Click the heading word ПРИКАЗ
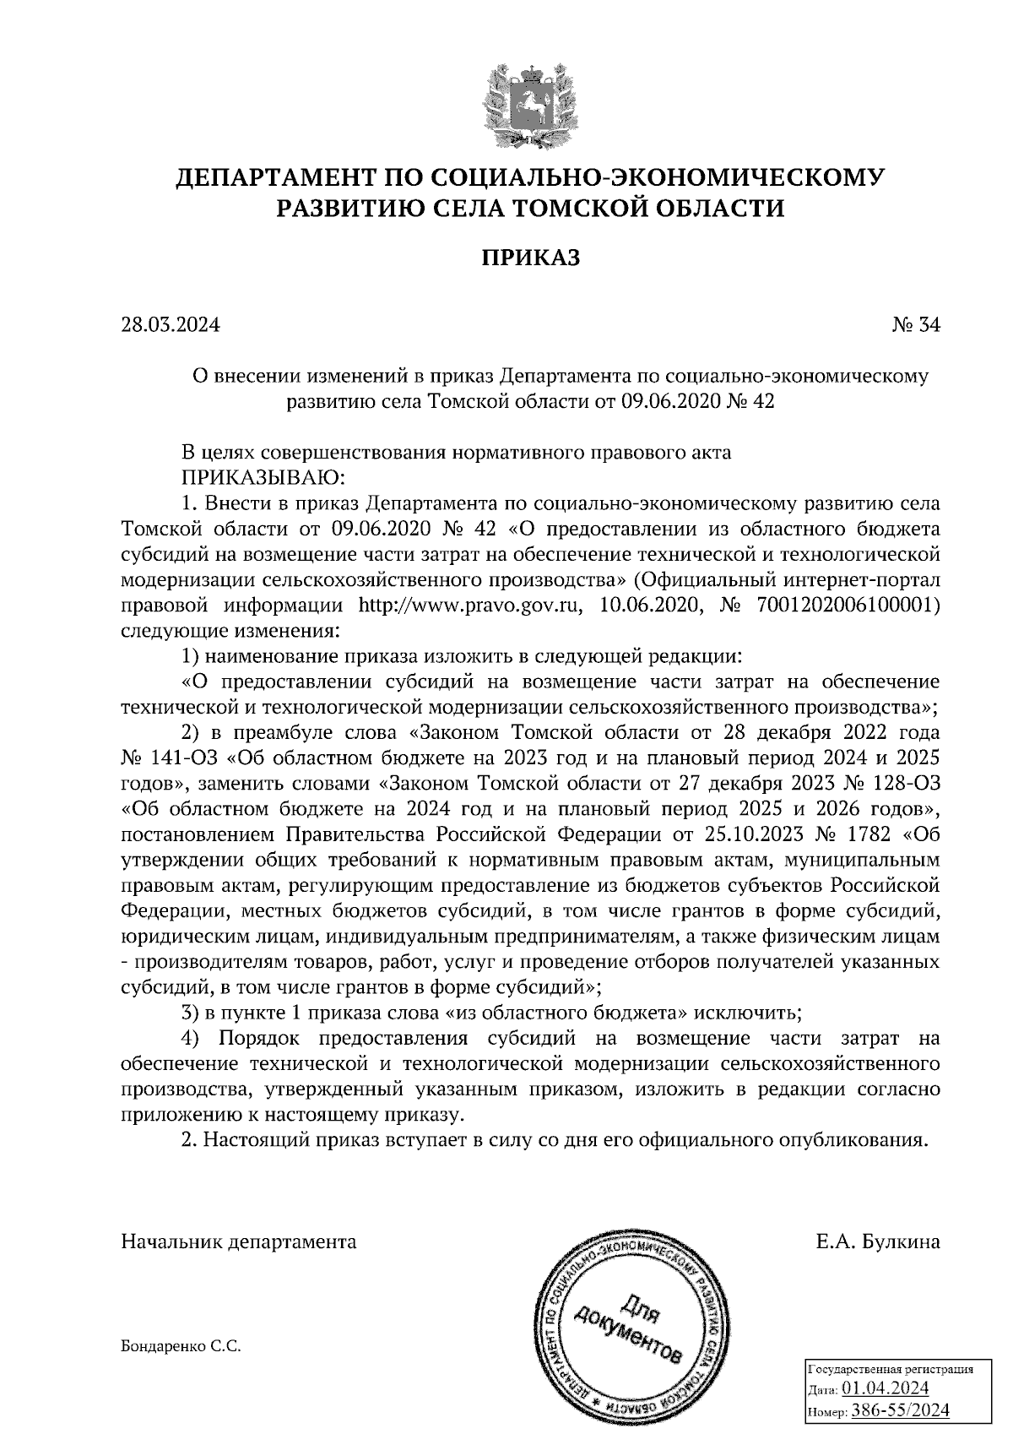(x=531, y=258)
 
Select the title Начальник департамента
(x=239, y=1241)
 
